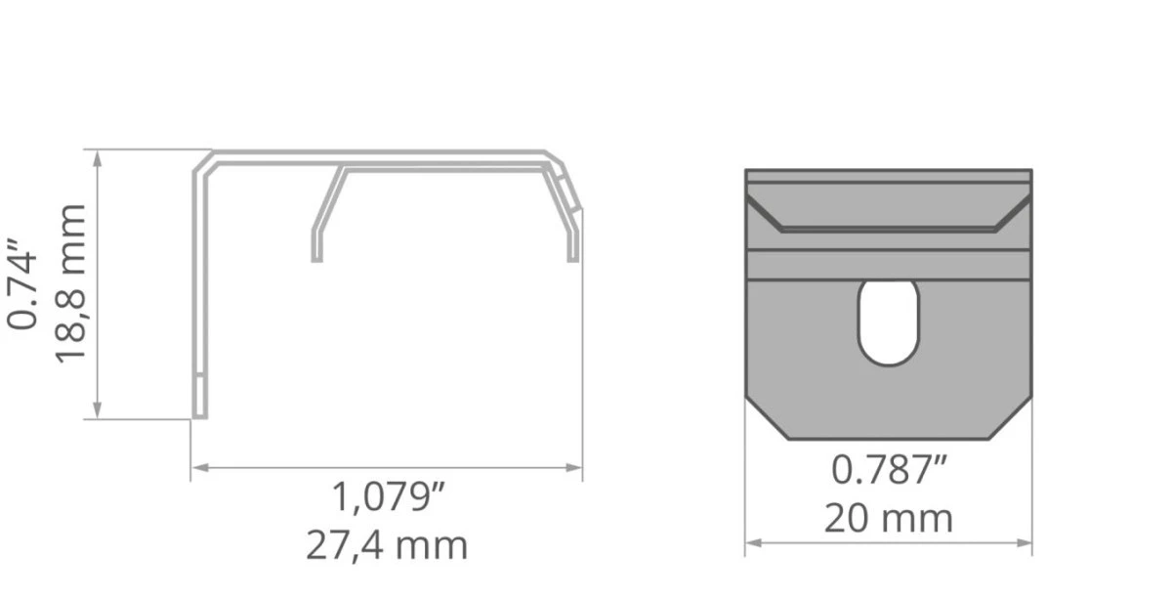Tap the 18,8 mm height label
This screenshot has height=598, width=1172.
coord(70,283)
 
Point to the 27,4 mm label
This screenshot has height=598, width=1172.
coord(387,546)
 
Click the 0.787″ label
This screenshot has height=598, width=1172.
coord(889,470)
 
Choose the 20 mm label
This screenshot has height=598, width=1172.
coord(889,519)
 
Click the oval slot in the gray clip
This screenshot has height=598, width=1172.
coord(889,323)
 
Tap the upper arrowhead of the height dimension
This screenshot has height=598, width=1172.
coord(98,159)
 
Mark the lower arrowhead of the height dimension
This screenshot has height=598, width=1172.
coord(98,410)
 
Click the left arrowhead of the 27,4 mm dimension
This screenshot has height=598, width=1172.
coord(200,468)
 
